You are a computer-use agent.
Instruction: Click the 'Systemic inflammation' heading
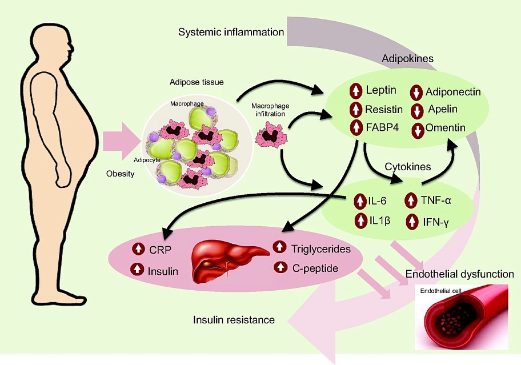pyautogui.click(x=231, y=32)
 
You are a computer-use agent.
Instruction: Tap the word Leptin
pyautogui.click(x=380, y=90)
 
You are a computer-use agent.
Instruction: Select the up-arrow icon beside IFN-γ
pyautogui.click(x=411, y=221)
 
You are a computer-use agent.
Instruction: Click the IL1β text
pyautogui.click(x=379, y=221)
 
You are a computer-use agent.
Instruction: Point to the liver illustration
pyautogui.click(x=229, y=260)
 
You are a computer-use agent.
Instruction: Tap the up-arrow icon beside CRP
pyautogui.click(x=138, y=249)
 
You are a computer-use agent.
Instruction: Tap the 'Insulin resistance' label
pyautogui.click(x=234, y=320)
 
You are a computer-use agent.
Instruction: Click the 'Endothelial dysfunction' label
pyautogui.click(x=459, y=274)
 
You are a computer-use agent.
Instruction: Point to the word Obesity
pyautogui.click(x=121, y=174)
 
